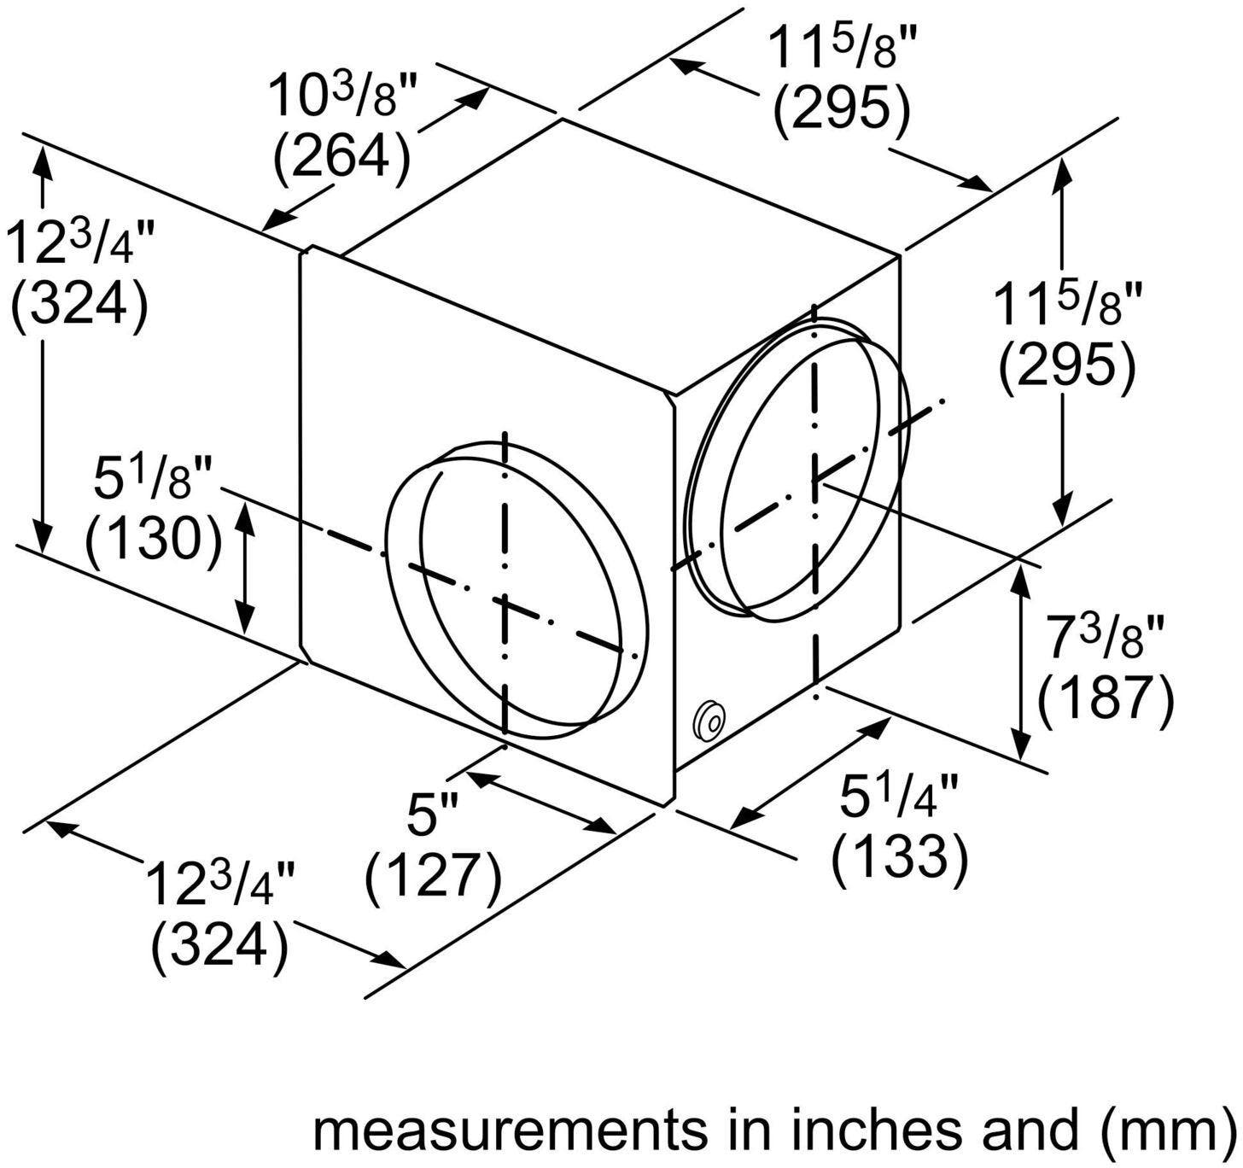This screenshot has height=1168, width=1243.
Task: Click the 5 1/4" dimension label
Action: tap(899, 797)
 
